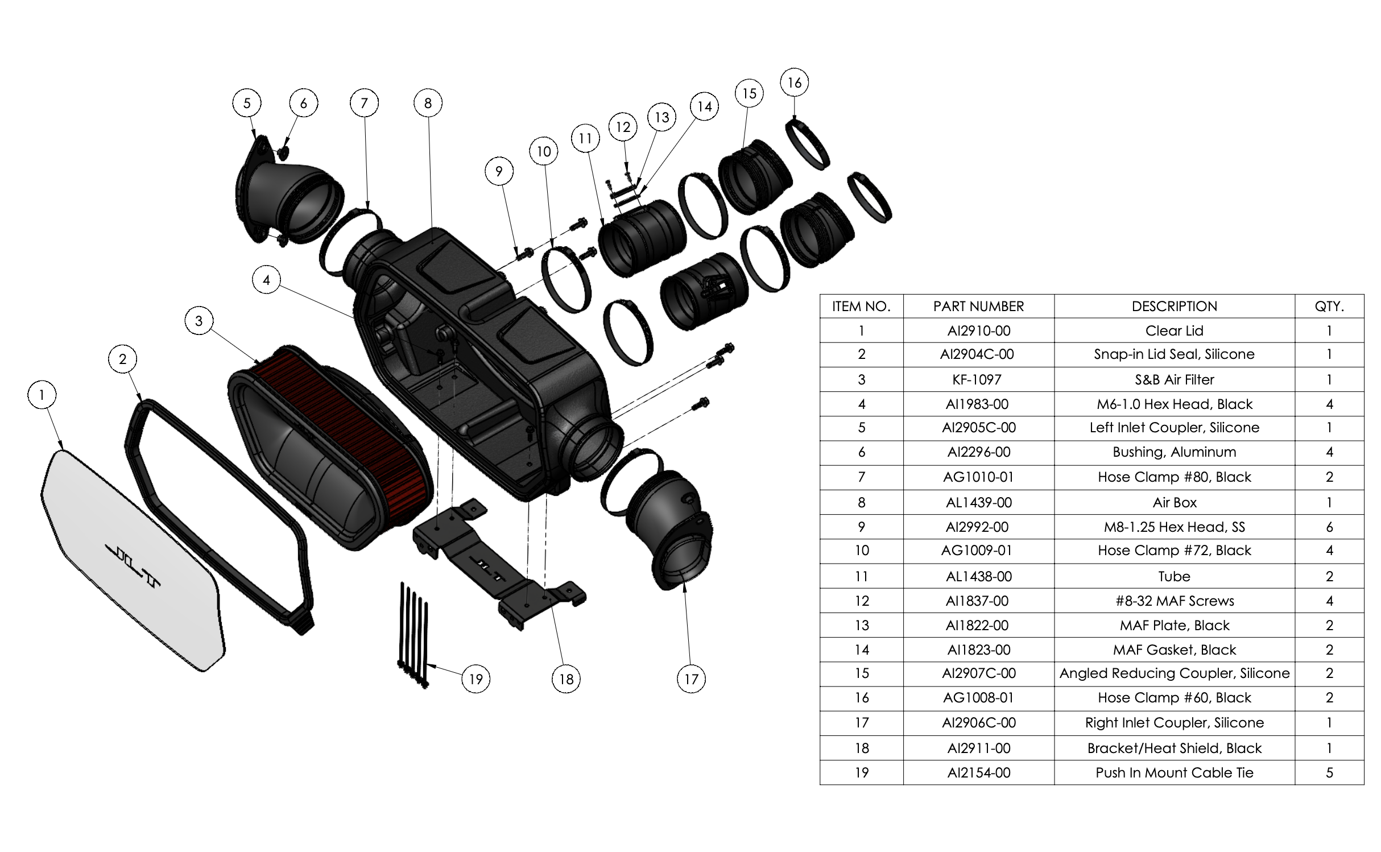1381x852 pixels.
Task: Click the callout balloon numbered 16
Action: coord(795,83)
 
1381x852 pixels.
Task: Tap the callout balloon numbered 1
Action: coord(42,395)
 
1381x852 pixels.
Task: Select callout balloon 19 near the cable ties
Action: coord(476,679)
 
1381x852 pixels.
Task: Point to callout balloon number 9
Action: coord(499,171)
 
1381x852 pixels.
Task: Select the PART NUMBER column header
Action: coord(978,307)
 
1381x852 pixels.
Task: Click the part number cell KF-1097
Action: coord(978,379)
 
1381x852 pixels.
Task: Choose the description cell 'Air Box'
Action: coord(1174,502)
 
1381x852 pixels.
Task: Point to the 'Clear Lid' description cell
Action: coord(1174,330)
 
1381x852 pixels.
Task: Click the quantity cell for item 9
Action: coord(1329,527)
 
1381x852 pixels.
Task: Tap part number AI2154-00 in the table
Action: coord(978,772)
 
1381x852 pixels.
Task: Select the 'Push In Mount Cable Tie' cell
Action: coord(1174,772)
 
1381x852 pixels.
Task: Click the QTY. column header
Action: coord(1329,307)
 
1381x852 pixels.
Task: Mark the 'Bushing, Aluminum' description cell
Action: coord(1174,452)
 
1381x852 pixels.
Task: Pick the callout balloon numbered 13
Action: coord(661,118)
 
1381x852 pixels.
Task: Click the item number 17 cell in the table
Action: coord(861,723)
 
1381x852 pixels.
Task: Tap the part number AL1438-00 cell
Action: coord(978,576)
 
